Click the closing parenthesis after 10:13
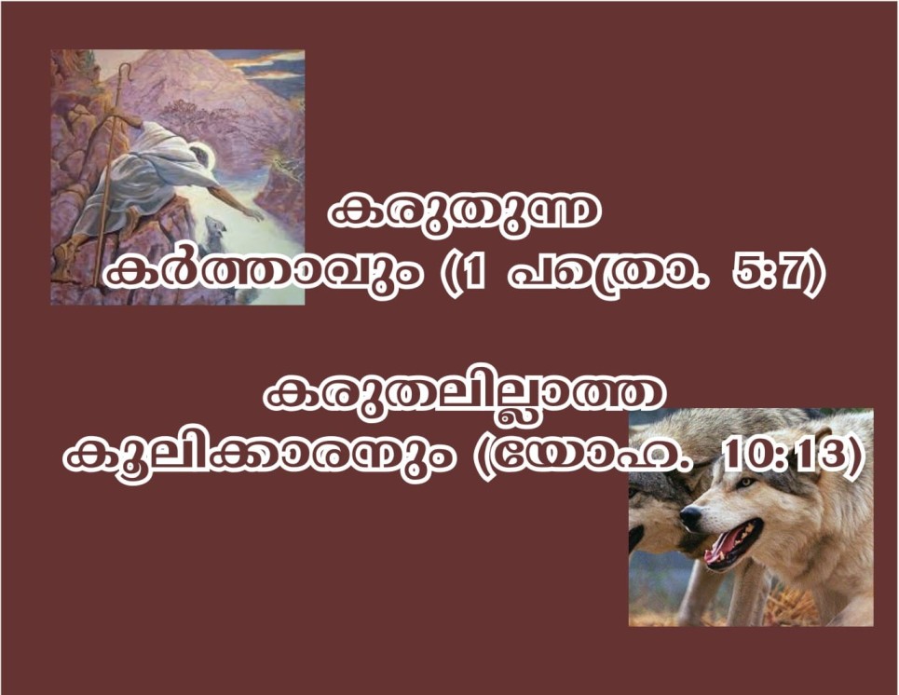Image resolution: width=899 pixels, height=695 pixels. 852,457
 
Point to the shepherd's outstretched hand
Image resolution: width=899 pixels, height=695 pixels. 253,214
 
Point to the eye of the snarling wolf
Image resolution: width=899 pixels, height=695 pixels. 745,483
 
